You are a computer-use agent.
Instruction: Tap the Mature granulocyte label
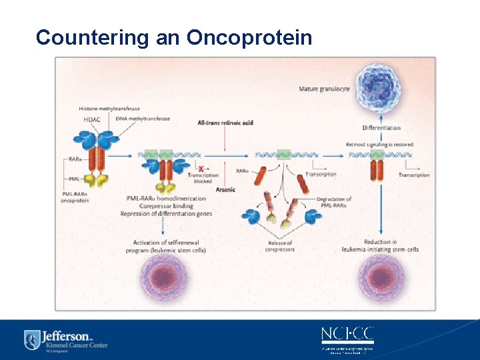pyautogui.click(x=325, y=89)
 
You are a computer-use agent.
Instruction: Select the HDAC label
pyautogui.click(x=93, y=119)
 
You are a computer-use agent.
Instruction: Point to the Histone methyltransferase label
pyautogui.click(x=109, y=109)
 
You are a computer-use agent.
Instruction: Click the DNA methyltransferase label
pyautogui.click(x=143, y=119)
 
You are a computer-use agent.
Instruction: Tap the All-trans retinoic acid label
pyautogui.click(x=225, y=123)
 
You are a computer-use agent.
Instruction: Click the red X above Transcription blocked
pyautogui.click(x=201, y=169)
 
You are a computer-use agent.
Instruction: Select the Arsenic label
pyautogui.click(x=225, y=190)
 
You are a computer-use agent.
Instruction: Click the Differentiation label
pyautogui.click(x=381, y=127)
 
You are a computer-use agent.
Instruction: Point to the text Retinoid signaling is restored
pyautogui.click(x=379, y=145)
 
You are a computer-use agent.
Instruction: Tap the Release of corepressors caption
pyautogui.click(x=280, y=246)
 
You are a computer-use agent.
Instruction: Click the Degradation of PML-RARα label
pyautogui.click(x=335, y=202)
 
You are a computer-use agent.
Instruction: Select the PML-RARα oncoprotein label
pyautogui.click(x=75, y=197)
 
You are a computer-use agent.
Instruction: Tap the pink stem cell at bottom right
pyautogui.click(x=382, y=277)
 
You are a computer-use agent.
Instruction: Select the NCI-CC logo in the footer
pyautogui.click(x=347, y=334)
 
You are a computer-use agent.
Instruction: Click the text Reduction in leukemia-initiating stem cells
pyautogui.click(x=381, y=245)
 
